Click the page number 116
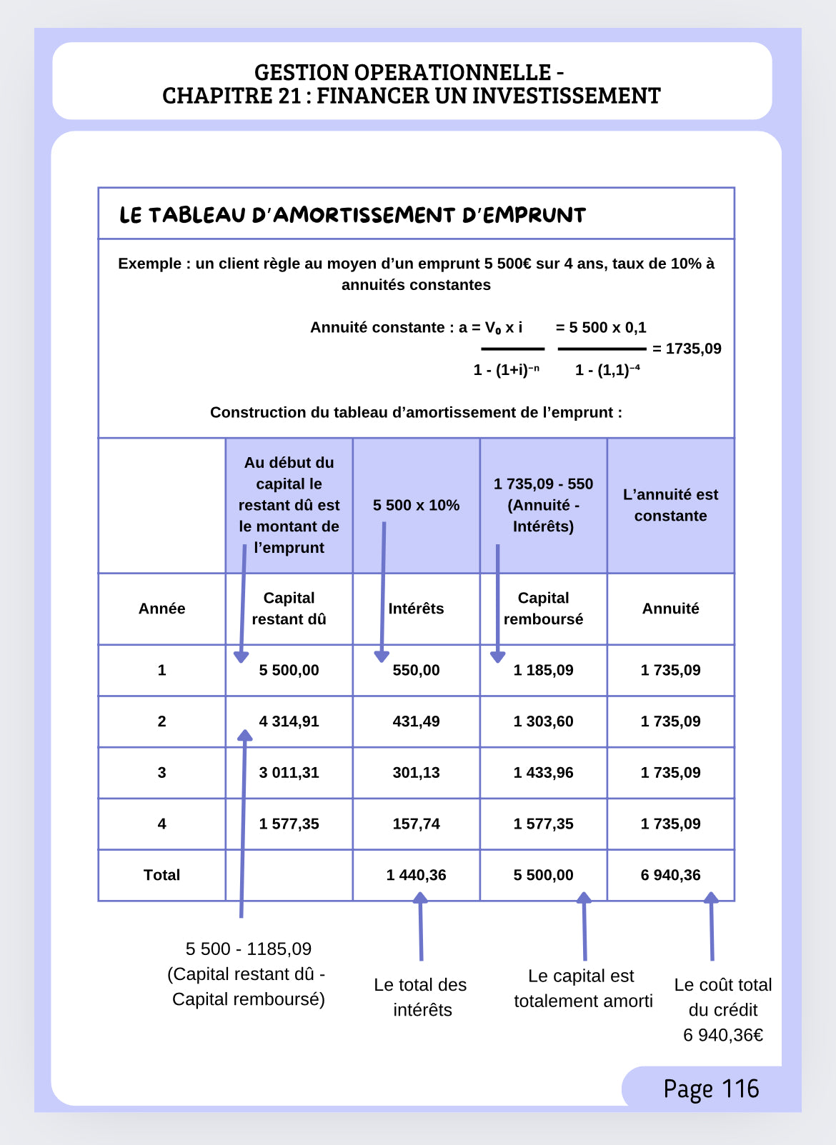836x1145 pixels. click(x=740, y=1089)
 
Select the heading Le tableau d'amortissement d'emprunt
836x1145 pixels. click(x=352, y=215)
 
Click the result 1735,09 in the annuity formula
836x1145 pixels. click(x=693, y=349)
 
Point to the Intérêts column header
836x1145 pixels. click(x=416, y=609)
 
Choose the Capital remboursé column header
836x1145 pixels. click(x=543, y=609)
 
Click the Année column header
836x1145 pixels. click(x=161, y=609)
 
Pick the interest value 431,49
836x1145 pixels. click(x=416, y=721)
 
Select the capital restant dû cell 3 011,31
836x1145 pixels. click(x=289, y=773)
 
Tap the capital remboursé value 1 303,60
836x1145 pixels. click(x=543, y=721)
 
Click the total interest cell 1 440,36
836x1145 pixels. click(x=416, y=875)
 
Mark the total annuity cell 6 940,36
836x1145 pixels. click(x=670, y=875)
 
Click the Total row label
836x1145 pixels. click(x=161, y=875)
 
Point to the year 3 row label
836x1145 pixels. click(x=161, y=773)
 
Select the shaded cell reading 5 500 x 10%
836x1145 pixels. click(x=416, y=505)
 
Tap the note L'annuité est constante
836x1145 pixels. click(x=670, y=505)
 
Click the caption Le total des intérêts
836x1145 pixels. click(x=421, y=997)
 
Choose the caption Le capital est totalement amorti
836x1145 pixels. click(x=582, y=989)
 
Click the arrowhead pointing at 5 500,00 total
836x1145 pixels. click(x=584, y=898)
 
